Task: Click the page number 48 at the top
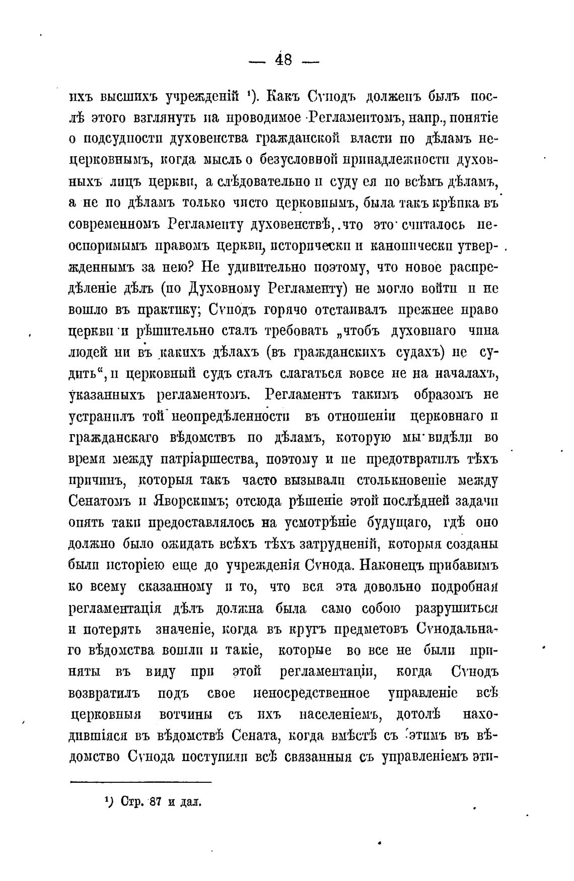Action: coord(283,60)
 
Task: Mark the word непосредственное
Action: coord(312,693)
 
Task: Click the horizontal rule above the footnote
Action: coord(140,782)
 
